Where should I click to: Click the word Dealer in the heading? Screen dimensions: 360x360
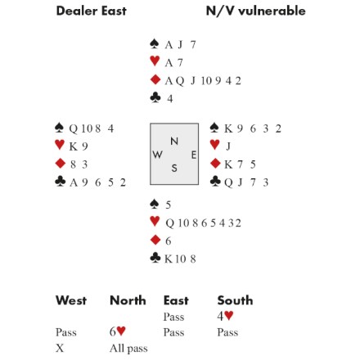(x=76, y=11)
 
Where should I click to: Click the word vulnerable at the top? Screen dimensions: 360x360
(x=272, y=11)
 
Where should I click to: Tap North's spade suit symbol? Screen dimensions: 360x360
(x=155, y=43)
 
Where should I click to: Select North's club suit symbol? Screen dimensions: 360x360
(x=155, y=97)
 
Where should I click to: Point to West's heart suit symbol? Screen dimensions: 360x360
(x=60, y=145)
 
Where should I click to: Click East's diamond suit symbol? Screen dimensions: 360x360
(x=215, y=164)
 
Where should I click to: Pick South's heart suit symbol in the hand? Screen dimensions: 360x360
(x=155, y=221)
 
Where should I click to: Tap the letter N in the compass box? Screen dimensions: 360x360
(x=174, y=141)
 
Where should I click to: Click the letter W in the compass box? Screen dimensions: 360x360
(x=157, y=155)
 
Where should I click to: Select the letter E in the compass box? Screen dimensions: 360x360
(x=194, y=155)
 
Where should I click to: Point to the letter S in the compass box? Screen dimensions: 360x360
(x=174, y=169)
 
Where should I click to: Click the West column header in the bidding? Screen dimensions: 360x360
(x=71, y=300)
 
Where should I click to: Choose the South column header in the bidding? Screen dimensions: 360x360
(x=235, y=300)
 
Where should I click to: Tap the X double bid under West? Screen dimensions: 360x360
(x=60, y=348)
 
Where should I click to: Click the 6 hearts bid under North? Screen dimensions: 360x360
(x=118, y=331)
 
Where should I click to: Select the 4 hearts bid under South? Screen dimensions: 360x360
(x=225, y=316)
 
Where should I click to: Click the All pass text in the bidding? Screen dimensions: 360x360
(x=128, y=349)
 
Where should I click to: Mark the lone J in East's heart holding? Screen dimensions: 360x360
(x=228, y=146)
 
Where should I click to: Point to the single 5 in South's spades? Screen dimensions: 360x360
(x=169, y=205)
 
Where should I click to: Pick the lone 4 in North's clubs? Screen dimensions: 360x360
(x=170, y=98)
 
